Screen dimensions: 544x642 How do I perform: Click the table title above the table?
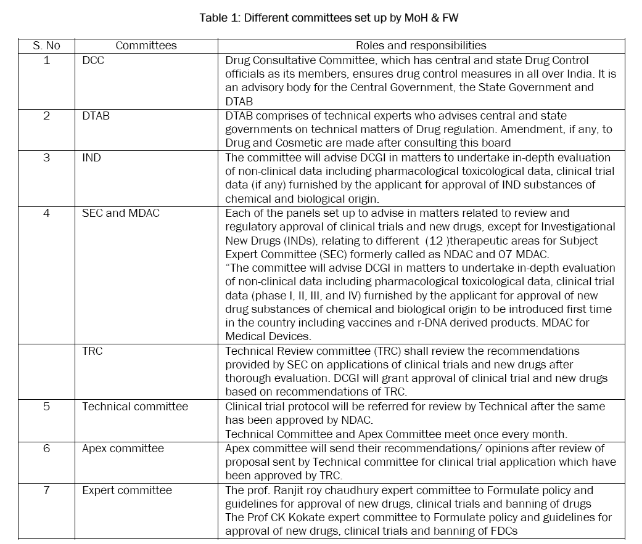[x=329, y=18]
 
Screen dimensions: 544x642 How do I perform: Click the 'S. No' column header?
[x=47, y=46]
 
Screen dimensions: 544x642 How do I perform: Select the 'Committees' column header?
[x=146, y=46]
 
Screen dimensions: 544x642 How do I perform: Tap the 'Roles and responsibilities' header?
[x=421, y=46]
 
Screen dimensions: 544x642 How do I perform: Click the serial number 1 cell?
[x=47, y=60]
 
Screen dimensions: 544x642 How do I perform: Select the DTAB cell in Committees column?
[x=96, y=116]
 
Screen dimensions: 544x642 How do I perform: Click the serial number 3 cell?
[x=47, y=158]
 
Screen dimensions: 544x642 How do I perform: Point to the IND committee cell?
[x=91, y=158]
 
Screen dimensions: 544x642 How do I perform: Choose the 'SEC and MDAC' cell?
[x=121, y=213]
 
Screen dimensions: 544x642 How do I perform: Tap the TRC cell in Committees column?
[x=93, y=351]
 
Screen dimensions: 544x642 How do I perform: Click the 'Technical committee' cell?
[x=135, y=407]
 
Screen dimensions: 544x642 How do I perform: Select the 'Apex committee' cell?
[x=123, y=449]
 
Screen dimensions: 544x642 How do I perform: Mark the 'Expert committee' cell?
[x=127, y=490]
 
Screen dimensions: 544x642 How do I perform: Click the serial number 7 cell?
[x=47, y=490]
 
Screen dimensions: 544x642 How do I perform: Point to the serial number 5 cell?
[x=47, y=407]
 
